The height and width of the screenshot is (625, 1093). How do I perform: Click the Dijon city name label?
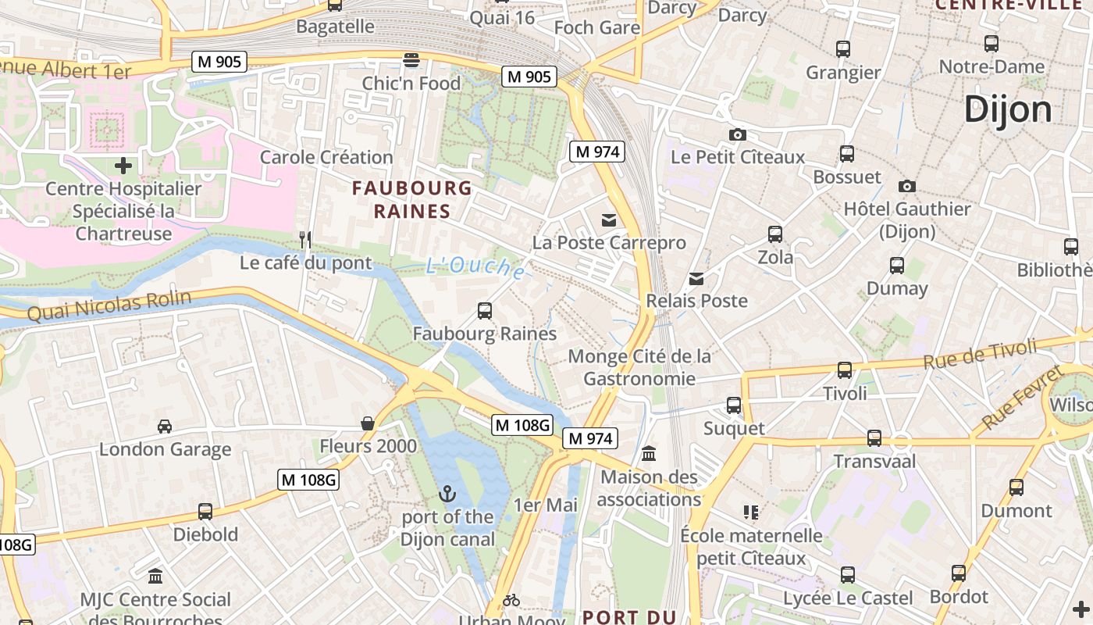pyautogui.click(x=1007, y=109)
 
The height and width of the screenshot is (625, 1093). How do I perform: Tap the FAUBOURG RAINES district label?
pyautogui.click(x=412, y=199)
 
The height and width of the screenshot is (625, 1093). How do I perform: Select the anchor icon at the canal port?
pyautogui.click(x=447, y=494)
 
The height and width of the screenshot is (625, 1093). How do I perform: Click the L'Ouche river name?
pyautogui.click(x=475, y=267)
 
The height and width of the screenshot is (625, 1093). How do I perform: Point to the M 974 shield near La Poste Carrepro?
pyautogui.click(x=597, y=152)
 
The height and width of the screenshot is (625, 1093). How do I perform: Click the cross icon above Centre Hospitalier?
pyautogui.click(x=123, y=166)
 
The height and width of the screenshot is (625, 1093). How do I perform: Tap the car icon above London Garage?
pyautogui.click(x=165, y=427)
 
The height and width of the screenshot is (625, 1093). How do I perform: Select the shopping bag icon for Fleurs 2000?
pyautogui.click(x=368, y=423)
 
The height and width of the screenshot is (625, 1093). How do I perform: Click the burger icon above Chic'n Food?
pyautogui.click(x=411, y=60)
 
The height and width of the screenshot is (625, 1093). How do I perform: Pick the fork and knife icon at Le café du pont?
pyautogui.click(x=305, y=239)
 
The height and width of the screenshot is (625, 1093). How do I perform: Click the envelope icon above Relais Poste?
pyautogui.click(x=696, y=278)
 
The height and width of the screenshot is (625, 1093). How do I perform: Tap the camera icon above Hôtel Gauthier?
pyautogui.click(x=906, y=186)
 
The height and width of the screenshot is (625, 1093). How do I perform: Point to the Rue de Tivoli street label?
pyautogui.click(x=980, y=353)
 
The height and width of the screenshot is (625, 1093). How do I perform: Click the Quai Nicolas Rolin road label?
pyautogui.click(x=109, y=305)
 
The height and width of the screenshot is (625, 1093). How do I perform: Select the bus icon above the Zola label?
pyautogui.click(x=774, y=234)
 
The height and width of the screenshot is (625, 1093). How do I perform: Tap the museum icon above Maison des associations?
pyautogui.click(x=649, y=454)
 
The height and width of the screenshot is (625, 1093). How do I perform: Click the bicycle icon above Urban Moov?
pyautogui.click(x=511, y=600)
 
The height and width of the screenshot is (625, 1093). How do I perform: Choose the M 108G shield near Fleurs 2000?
pyautogui.click(x=308, y=480)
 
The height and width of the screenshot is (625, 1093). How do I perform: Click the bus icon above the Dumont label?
pyautogui.click(x=1016, y=487)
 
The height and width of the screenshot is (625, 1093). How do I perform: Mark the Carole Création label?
pyautogui.click(x=326, y=157)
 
